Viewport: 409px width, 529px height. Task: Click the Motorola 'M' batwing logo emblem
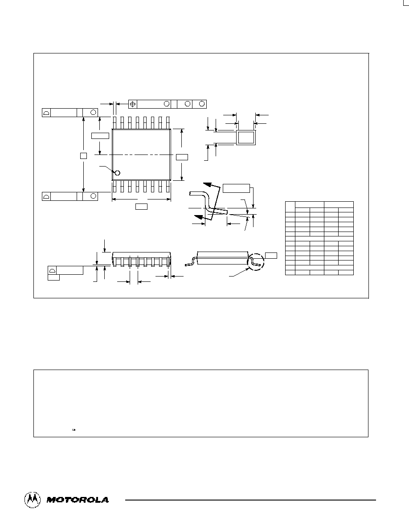pos(33,499)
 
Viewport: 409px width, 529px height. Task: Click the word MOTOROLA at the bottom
pos(78,500)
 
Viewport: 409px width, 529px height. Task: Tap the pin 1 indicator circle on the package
pos(118,173)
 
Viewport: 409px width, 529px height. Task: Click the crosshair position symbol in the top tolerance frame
pos(133,104)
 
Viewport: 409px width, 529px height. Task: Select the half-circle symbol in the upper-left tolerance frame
pos(46,113)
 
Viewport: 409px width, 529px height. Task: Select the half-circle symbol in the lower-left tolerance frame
pos(46,196)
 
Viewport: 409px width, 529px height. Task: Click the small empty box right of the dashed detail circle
pos(271,256)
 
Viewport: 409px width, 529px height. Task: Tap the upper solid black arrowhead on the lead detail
pos(212,184)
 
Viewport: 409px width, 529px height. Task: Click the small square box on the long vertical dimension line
pos(83,155)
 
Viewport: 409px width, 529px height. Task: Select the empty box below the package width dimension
pos(141,207)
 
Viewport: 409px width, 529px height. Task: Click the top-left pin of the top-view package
pos(115,123)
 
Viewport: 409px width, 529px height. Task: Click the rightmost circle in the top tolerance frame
pos(202,104)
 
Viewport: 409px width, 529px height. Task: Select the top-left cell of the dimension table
pos(290,207)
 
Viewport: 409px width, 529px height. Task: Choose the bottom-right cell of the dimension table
pos(346,273)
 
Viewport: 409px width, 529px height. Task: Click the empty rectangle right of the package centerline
pos(182,157)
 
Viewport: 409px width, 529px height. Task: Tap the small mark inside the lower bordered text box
pos(74,430)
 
